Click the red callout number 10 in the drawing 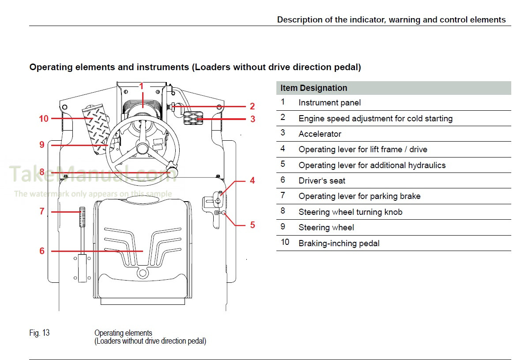[x=43, y=119]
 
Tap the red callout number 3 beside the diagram [x=253, y=119]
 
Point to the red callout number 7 [x=42, y=212]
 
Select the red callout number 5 [x=253, y=225]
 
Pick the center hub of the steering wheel [x=142, y=148]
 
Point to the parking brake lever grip [x=82, y=216]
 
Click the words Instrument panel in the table [x=329, y=103]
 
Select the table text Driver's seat [x=322, y=180]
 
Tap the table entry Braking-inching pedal [x=339, y=243]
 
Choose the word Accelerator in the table [x=320, y=134]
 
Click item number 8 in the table [x=283, y=211]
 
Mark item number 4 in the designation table [x=283, y=149]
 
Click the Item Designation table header [x=313, y=88]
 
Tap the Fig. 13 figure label [x=39, y=333]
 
